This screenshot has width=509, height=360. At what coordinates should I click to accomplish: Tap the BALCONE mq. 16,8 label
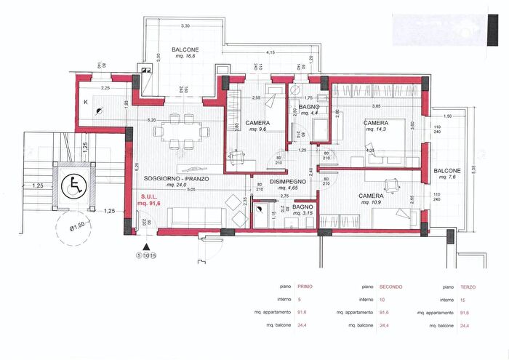point(186,54)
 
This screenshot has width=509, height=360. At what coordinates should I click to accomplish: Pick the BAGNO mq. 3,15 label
point(302,210)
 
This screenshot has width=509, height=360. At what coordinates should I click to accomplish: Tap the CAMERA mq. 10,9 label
point(371,200)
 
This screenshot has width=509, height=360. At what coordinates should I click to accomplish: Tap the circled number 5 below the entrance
point(138,255)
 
